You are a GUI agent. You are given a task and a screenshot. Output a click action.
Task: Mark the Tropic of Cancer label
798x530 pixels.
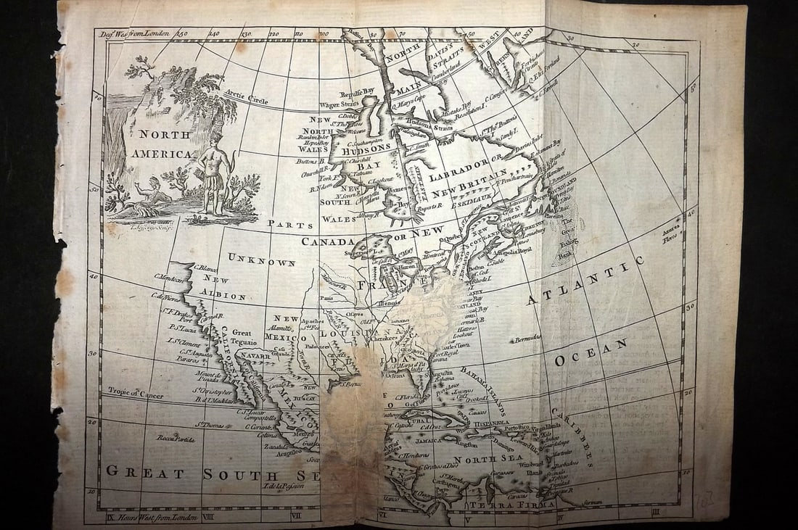click(x=136, y=392)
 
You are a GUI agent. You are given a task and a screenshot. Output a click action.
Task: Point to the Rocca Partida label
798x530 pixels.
click(x=177, y=438)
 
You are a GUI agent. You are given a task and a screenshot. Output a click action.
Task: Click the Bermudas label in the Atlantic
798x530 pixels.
click(x=526, y=339)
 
